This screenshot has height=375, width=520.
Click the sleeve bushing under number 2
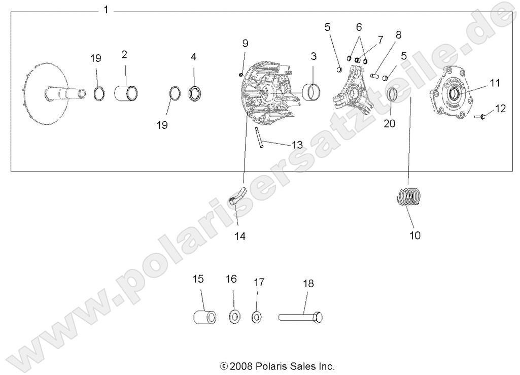pos(126,93)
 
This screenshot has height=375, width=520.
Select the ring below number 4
pos(195,93)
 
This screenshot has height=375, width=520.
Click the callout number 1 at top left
pos(106,10)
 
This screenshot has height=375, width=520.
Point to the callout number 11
pos(495,83)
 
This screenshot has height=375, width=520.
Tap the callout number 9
pos(245,43)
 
